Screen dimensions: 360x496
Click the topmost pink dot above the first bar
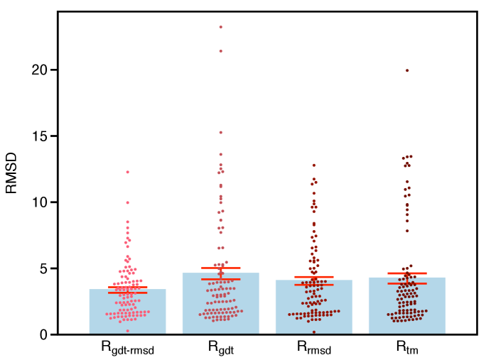click(x=128, y=172)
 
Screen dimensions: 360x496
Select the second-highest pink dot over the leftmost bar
click(x=128, y=202)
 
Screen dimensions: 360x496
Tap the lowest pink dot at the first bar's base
click(x=128, y=331)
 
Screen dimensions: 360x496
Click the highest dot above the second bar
click(x=220, y=27)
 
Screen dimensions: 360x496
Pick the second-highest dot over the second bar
click(x=220, y=51)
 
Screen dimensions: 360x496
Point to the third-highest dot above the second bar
click(x=220, y=132)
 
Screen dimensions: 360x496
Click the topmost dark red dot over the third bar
click(x=314, y=165)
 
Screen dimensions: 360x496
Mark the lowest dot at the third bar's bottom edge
click(x=314, y=332)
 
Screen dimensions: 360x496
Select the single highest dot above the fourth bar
click(x=407, y=70)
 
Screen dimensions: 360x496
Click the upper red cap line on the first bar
click(x=128, y=287)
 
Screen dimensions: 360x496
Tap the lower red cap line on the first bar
click(x=128, y=293)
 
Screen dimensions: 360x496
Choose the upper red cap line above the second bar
click(x=221, y=268)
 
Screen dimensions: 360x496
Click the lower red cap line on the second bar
click(x=221, y=279)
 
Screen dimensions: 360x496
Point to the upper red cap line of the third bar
click(x=314, y=276)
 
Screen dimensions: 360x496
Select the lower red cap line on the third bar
click(x=314, y=285)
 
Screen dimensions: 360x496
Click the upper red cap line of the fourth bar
click(x=407, y=273)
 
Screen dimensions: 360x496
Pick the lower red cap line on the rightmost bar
click(x=407, y=283)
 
